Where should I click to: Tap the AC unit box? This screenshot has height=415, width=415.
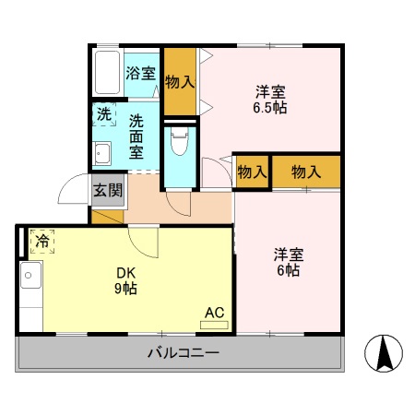point(214,312)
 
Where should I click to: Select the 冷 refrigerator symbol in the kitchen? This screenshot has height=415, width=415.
point(42,242)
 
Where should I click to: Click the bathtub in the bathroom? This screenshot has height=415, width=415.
point(106,71)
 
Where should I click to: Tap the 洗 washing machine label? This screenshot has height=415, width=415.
point(103,115)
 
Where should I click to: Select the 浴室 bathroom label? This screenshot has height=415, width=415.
point(141,73)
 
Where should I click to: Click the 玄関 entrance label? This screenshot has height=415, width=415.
point(107,191)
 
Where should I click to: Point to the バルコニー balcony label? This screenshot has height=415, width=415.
point(183,352)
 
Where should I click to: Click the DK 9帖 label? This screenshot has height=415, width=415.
point(126,280)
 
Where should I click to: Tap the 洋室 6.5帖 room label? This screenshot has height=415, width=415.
point(270,100)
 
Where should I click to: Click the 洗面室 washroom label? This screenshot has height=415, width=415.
point(136,136)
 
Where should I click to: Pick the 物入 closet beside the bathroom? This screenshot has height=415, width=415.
point(179,81)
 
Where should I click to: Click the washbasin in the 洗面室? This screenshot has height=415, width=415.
point(102,154)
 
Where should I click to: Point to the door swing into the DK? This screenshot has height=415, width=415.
point(144,242)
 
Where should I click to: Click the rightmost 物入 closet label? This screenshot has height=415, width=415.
point(305,172)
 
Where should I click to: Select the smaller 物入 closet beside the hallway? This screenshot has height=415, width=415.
point(251,172)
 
